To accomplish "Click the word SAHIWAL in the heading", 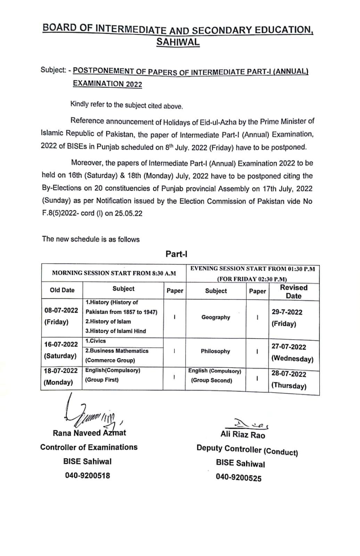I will click(178, 42).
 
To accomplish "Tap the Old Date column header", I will click(62, 290).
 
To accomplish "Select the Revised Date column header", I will click(294, 292).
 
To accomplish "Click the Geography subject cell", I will click(216, 317).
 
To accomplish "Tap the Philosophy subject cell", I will click(215, 351).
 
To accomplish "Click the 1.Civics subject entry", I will click(96, 341).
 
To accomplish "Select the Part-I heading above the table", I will click(177, 254).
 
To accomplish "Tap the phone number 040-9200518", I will click(88, 475).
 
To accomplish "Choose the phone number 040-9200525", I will click(238, 478).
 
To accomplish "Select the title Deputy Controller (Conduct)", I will click(247, 450).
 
